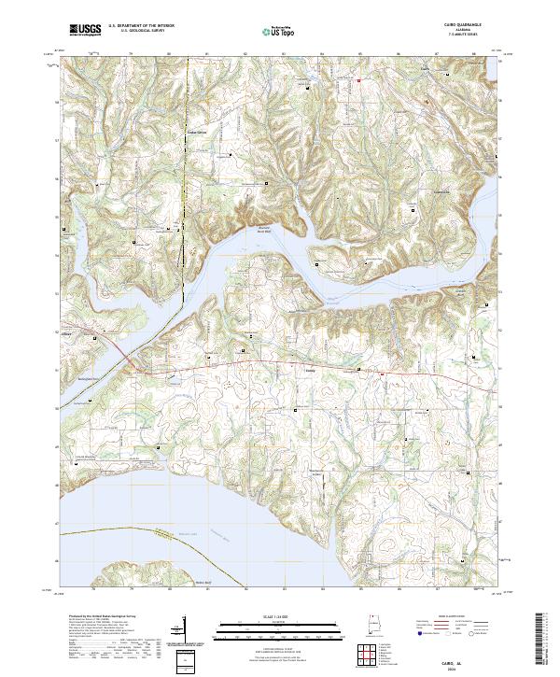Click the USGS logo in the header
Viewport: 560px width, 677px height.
(85, 30)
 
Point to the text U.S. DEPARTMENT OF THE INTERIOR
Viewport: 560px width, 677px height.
(141, 26)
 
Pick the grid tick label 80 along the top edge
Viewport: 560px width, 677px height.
(168, 54)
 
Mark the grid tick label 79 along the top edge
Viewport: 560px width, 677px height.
(130, 54)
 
